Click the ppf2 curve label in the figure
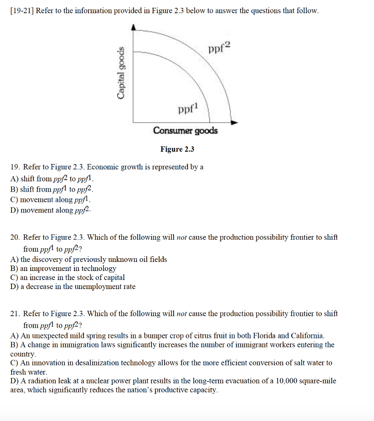click(x=220, y=49)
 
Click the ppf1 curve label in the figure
click(x=188, y=109)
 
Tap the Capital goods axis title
click(x=121, y=73)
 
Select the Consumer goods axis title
click(x=185, y=131)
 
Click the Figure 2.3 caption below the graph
click(x=177, y=149)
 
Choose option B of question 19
click(x=52, y=190)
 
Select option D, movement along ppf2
click(x=51, y=210)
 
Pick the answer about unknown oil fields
click(x=89, y=259)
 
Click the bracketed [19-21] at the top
click(x=22, y=11)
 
